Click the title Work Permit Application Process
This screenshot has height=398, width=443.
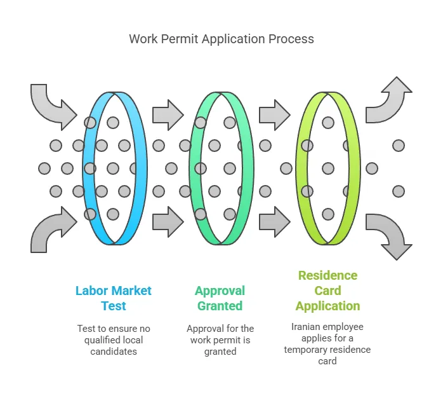[x=221, y=39]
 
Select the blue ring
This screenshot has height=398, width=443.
[x=138, y=168]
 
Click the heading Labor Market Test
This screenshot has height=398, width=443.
[x=114, y=298]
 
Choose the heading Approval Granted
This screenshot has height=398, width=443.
[x=220, y=298]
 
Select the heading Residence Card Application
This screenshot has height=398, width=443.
[x=327, y=291]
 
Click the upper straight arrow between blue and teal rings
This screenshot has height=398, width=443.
[x=168, y=115]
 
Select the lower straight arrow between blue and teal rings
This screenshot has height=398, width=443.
[x=168, y=221]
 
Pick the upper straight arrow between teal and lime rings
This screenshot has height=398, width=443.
[x=274, y=115]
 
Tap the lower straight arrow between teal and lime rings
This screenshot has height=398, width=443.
[x=274, y=221]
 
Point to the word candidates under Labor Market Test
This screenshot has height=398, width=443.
[x=114, y=351]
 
